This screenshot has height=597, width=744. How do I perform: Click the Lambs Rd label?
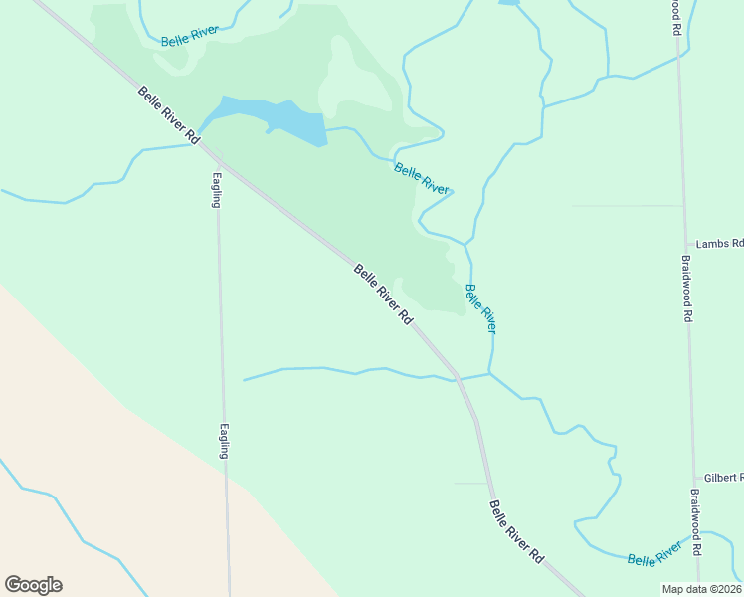(719, 244)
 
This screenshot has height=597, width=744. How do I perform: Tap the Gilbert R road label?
(723, 479)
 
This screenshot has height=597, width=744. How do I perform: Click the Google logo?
(33, 585)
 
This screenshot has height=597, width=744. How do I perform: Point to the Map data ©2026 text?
(701, 589)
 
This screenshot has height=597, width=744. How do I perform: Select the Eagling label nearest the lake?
(216, 190)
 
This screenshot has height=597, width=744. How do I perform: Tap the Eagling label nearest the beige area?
(225, 440)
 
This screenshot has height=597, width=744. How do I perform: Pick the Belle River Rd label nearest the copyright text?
(517, 533)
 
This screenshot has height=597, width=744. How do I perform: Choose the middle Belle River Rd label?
(383, 295)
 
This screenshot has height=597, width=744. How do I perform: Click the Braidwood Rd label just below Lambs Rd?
(686, 289)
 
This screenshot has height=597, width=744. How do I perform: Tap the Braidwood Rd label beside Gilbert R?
(696, 522)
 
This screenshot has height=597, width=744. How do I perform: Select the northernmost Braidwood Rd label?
(675, 18)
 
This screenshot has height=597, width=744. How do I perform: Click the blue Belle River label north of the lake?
(189, 36)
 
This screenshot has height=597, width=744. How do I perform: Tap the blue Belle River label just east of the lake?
(422, 176)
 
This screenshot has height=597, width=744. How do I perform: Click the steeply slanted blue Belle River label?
(480, 307)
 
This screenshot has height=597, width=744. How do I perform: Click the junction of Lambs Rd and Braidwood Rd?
(685, 244)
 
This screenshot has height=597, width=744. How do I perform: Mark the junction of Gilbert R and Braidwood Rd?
(693, 479)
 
